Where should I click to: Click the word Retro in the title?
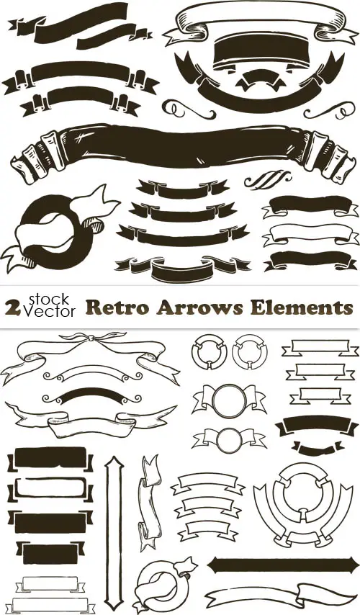(117, 307)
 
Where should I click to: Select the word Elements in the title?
(302, 307)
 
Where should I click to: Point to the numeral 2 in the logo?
(13, 309)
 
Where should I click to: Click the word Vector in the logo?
(50, 311)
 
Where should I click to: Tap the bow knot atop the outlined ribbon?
(91, 337)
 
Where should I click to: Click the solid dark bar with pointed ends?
(283, 565)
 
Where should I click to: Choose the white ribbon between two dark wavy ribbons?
(310, 234)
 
